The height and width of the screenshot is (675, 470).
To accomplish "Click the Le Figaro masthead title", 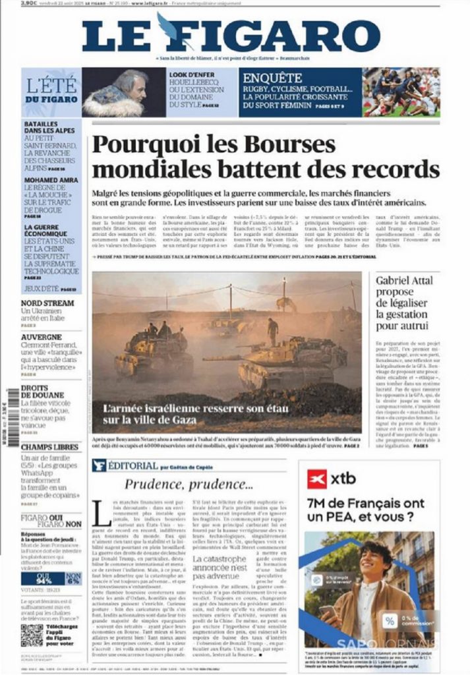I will (231, 36).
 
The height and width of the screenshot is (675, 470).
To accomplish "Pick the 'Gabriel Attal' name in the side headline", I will (404, 280).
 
